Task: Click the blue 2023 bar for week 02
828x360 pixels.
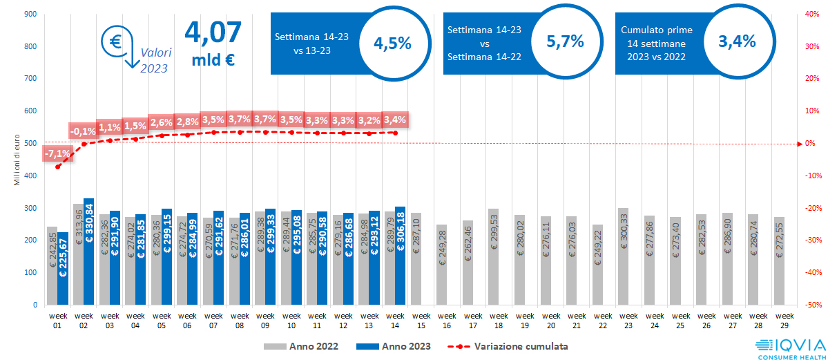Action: point(88,252)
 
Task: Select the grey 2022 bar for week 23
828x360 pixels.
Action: point(623,256)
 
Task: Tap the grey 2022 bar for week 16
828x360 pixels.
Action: point(441,265)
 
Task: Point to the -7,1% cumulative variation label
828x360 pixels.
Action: point(57,153)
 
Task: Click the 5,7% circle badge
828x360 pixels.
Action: point(565,41)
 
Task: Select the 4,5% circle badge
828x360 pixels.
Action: point(392,43)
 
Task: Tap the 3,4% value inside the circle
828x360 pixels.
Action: point(737,41)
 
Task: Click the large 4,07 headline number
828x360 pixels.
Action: point(213,32)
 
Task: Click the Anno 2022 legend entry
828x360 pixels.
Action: point(300,345)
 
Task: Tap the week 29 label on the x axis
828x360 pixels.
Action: point(778,320)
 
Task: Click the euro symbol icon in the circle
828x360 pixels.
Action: point(115,41)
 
